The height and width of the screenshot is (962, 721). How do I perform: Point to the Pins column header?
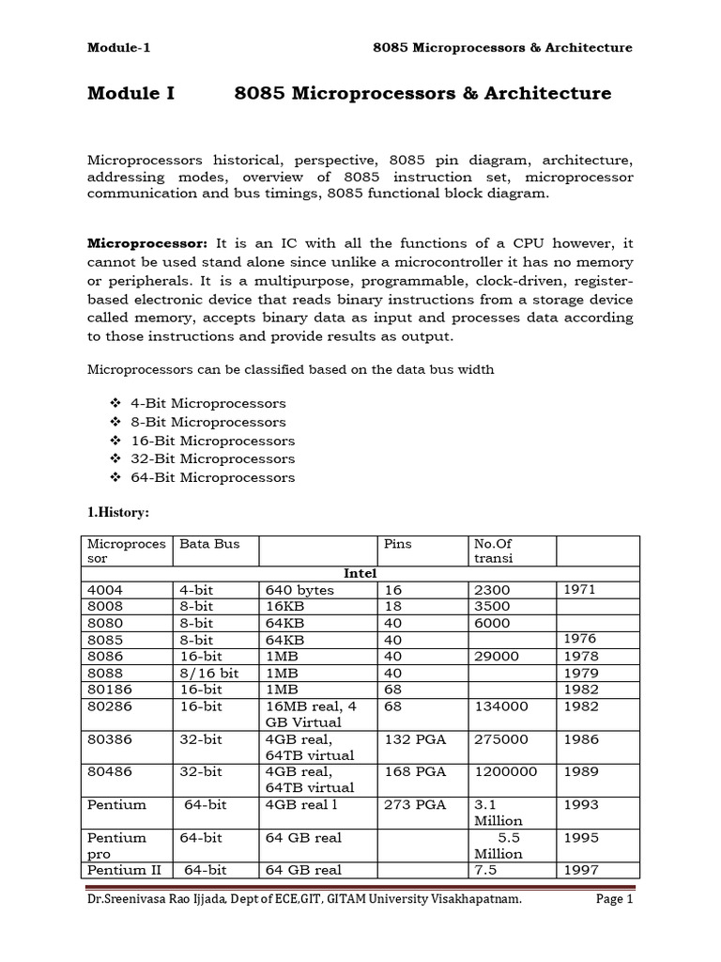[398, 544]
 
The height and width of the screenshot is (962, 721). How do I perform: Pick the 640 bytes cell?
[299, 590]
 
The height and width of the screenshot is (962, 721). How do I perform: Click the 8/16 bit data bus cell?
[208, 673]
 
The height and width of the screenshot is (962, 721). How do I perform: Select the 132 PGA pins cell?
[415, 739]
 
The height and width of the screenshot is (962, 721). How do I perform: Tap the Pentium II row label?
[117, 870]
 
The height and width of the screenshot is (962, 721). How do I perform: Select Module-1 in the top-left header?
[119, 48]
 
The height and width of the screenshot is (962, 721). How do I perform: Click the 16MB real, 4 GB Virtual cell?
[310, 714]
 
